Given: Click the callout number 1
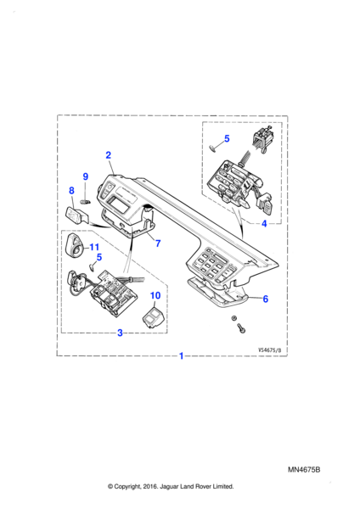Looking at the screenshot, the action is pyautogui.click(x=182, y=355).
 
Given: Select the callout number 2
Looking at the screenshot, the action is pyautogui.click(x=109, y=155).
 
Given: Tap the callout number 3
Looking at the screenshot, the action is pyautogui.click(x=120, y=333).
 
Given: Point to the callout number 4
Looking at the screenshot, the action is pyautogui.click(x=264, y=223).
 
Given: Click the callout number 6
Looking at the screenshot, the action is pyautogui.click(x=266, y=299).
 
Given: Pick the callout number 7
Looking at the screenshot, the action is pyautogui.click(x=158, y=243).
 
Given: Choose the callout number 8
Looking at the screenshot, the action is pyautogui.click(x=72, y=191).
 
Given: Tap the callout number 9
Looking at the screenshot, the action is pyautogui.click(x=86, y=176).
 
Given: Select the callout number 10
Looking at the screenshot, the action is pyautogui.click(x=155, y=295).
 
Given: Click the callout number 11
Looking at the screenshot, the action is pyautogui.click(x=94, y=248).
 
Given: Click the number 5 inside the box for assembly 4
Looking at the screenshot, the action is pyautogui.click(x=227, y=138).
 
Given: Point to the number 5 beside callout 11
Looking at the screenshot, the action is pyautogui.click(x=99, y=257).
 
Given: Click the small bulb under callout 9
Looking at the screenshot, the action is pyautogui.click(x=85, y=202).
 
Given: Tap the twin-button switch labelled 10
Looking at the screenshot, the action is pyautogui.click(x=154, y=316).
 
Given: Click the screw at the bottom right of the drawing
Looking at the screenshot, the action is pyautogui.click(x=241, y=327).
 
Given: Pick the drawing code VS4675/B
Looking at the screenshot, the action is pyautogui.click(x=269, y=350).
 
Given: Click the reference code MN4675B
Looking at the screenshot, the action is pyautogui.click(x=304, y=470).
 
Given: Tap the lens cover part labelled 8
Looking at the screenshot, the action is pyautogui.click(x=76, y=215).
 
